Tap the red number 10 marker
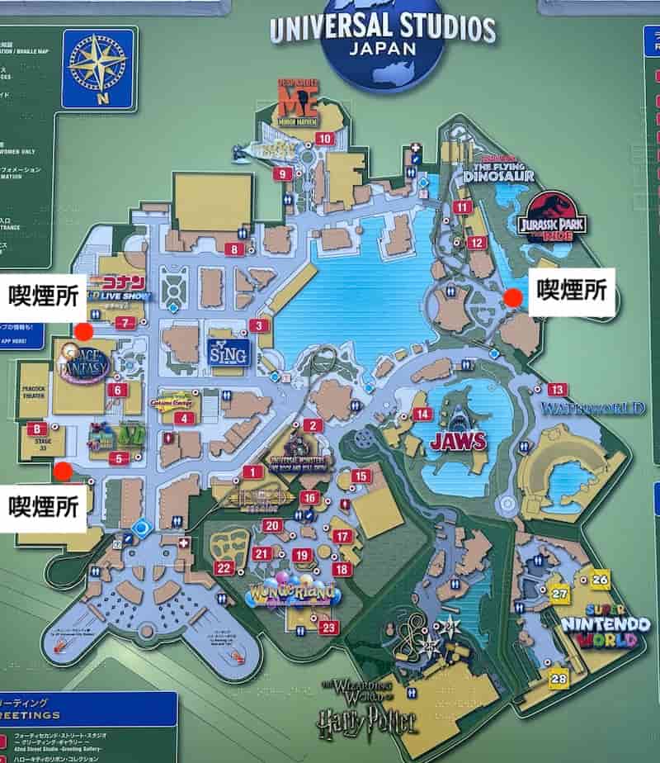coord(324,139)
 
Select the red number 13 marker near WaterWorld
coord(558,390)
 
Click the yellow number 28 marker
coord(560,679)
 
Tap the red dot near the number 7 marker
coord(83,332)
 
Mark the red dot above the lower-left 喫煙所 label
coord(62,471)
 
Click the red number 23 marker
coord(329,628)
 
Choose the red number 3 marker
coord(260,326)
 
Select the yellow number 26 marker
coord(600,580)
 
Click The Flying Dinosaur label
coord(498,169)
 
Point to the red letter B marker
coord(36,429)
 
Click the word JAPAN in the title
coord(383,47)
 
